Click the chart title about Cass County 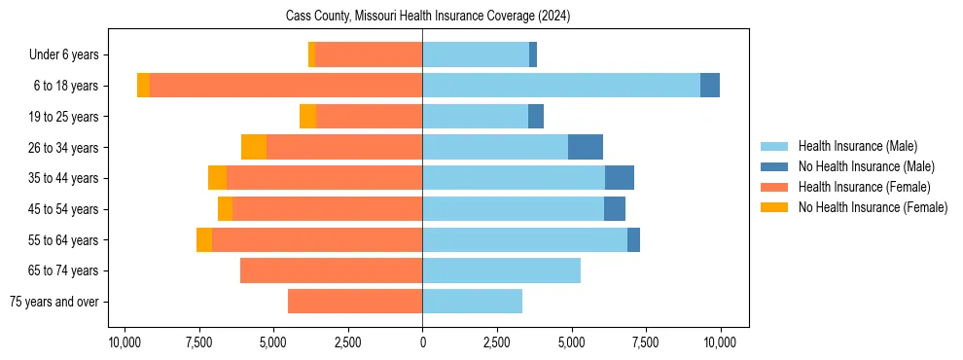428,17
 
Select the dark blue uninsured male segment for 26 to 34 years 586,147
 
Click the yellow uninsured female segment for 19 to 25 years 307,116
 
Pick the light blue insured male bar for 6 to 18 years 561,86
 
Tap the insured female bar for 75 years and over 355,302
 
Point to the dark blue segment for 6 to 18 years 710,86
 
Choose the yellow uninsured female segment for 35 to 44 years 217,178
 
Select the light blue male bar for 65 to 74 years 501,270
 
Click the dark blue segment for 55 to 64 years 633,239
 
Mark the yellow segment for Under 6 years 311,54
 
